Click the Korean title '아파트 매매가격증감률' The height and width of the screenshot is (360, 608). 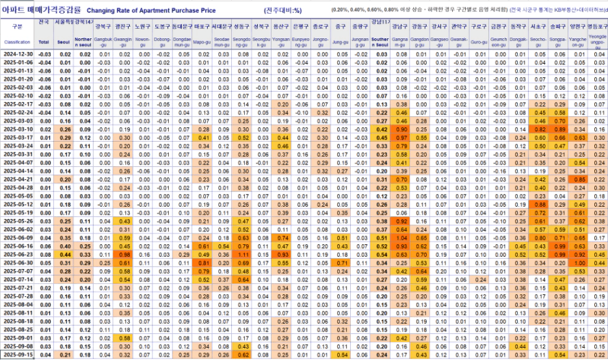click(x=40, y=10)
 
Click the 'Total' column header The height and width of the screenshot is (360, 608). click(x=44, y=41)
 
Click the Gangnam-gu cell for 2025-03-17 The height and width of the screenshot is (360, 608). click(x=401, y=138)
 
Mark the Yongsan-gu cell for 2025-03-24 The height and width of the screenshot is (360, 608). click(x=282, y=146)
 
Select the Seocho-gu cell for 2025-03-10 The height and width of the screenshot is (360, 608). click(x=539, y=129)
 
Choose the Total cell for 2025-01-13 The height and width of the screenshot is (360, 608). click(x=44, y=70)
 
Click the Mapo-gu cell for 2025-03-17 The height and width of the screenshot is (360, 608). click(x=203, y=138)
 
